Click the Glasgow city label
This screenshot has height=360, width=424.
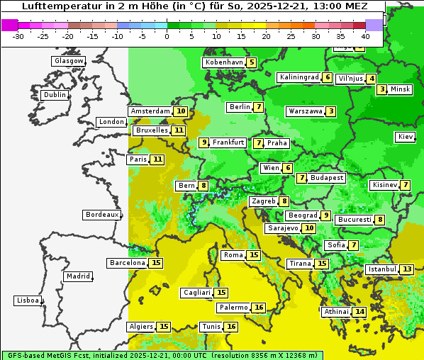(69, 61)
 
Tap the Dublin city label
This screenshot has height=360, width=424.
(55, 95)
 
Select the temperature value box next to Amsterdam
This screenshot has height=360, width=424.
(181, 111)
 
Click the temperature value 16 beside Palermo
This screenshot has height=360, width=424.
(259, 308)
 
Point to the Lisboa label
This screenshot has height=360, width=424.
(27, 300)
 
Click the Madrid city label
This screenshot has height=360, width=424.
(77, 276)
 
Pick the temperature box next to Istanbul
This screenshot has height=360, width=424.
(407, 269)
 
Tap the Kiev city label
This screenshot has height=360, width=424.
(406, 136)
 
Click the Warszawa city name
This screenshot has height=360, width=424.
(305, 111)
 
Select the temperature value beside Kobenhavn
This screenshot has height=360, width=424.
(252, 62)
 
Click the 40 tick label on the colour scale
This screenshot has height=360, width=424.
(365, 36)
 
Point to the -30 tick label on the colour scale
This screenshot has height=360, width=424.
(18, 36)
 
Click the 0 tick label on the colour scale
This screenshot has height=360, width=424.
(167, 36)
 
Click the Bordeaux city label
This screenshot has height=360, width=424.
(101, 215)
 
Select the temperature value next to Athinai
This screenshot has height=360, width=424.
(359, 312)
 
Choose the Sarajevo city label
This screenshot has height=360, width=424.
(282, 228)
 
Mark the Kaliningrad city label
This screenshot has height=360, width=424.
(299, 77)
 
